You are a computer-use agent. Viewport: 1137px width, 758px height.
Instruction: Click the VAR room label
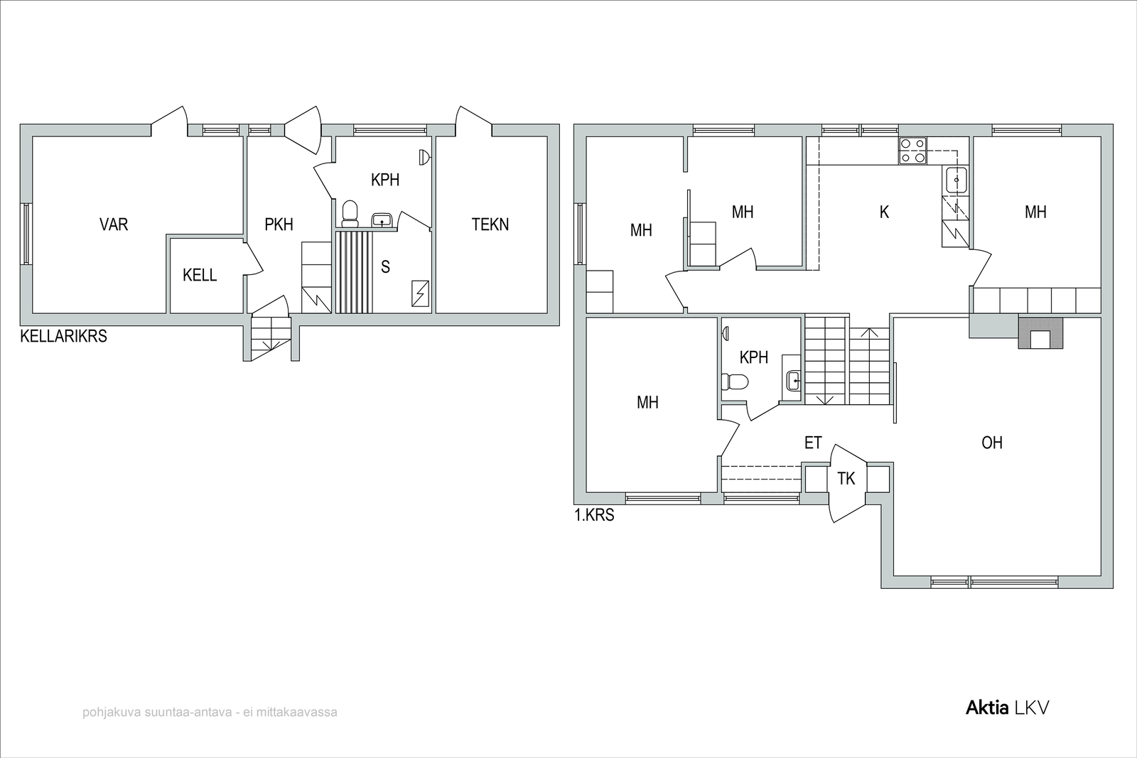[114, 224]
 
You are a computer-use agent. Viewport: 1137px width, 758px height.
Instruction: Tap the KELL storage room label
[200, 275]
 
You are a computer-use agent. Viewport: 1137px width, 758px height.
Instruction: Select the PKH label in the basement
[279, 224]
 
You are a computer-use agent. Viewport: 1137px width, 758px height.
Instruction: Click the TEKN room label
[490, 224]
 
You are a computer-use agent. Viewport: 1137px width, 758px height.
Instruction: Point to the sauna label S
[385, 267]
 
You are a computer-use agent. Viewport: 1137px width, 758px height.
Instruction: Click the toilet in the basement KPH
[350, 214]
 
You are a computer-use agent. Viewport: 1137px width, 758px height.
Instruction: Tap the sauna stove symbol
[420, 294]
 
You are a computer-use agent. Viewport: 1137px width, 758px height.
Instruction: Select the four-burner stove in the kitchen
[912, 151]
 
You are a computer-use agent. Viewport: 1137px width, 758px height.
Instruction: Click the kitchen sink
[957, 180]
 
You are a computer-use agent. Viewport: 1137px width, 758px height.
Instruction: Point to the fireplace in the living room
[1040, 333]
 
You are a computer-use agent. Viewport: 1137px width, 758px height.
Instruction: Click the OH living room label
[992, 443]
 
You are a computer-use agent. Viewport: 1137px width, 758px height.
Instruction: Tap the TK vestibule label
[846, 478]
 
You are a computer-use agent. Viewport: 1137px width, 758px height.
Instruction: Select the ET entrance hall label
[813, 443]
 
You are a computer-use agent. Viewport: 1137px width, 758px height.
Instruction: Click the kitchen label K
[884, 212]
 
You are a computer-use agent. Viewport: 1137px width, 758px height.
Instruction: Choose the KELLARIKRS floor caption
[63, 337]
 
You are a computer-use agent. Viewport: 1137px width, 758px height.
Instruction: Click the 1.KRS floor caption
[594, 515]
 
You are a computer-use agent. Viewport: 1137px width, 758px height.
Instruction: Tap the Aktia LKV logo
[1007, 708]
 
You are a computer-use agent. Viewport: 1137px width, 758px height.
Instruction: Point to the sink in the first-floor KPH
[793, 380]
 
